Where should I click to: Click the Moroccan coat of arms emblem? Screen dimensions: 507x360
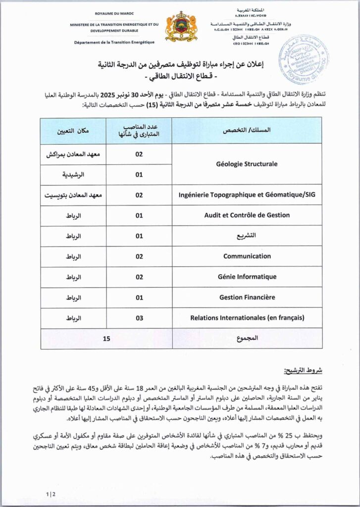(x=181, y=27)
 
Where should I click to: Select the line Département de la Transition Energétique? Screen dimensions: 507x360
(x=114, y=42)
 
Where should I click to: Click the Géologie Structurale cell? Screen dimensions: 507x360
(x=247, y=164)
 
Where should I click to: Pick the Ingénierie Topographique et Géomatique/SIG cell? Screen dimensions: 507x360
(x=247, y=195)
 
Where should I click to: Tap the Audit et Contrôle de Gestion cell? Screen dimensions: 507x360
(x=247, y=215)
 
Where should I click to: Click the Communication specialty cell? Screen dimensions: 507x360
(x=247, y=256)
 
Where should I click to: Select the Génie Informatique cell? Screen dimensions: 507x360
(x=247, y=277)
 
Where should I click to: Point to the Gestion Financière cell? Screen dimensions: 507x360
(x=247, y=298)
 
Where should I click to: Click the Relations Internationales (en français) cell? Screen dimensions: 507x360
(x=247, y=318)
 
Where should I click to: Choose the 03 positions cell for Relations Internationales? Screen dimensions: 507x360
(x=139, y=318)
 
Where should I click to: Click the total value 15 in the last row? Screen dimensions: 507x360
(x=106, y=339)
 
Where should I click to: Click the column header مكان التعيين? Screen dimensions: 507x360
(x=73, y=131)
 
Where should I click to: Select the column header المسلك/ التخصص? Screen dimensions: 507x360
(x=247, y=131)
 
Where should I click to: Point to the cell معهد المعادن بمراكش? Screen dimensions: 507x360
(x=73, y=154)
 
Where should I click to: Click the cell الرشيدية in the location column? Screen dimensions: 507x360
(x=73, y=175)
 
